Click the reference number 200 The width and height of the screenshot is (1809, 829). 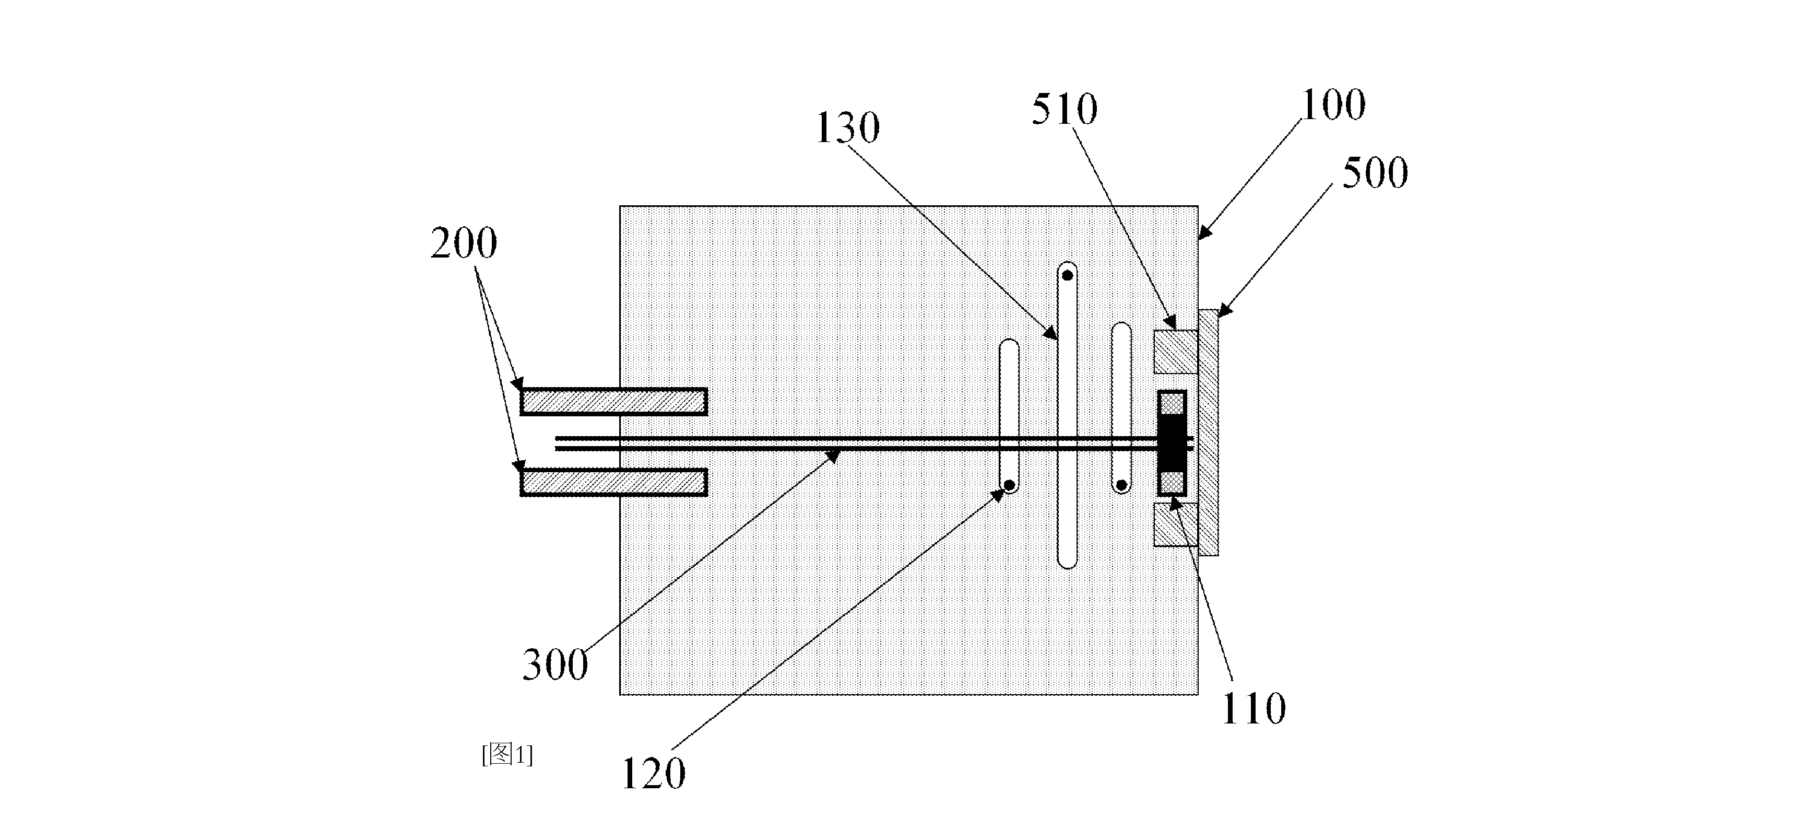(x=464, y=243)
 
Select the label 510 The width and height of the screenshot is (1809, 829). (x=1064, y=110)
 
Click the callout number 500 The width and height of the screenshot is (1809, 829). (x=1375, y=172)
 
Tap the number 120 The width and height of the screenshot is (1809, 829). (x=653, y=774)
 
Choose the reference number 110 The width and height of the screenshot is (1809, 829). (x=1254, y=708)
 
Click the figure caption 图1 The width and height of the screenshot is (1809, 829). (x=507, y=754)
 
